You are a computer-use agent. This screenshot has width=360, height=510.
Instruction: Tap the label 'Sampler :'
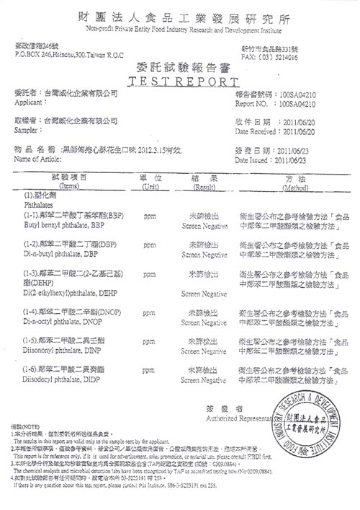(27, 131)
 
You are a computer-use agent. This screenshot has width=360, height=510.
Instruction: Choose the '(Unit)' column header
(150, 186)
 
